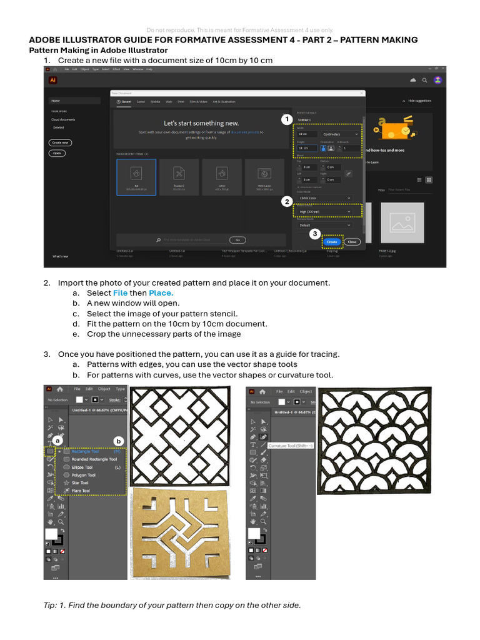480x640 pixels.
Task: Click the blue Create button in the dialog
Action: point(332,242)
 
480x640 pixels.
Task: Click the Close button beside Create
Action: point(352,242)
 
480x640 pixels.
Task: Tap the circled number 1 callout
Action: point(286,119)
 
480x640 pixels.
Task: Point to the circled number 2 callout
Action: point(286,201)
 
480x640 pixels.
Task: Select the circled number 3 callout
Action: point(314,233)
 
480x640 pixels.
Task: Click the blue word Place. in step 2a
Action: point(161,292)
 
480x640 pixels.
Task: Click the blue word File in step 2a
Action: point(120,292)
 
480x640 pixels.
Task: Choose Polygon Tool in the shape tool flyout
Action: point(84,475)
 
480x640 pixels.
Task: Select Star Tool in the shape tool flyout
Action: point(80,483)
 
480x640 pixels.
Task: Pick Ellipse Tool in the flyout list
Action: point(82,467)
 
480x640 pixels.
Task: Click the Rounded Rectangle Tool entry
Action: point(94,459)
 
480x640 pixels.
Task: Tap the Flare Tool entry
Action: point(81,491)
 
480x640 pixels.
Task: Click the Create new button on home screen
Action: point(60,142)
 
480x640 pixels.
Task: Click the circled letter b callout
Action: point(119,441)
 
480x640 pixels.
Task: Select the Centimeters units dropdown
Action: point(339,134)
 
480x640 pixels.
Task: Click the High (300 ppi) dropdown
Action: point(324,211)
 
